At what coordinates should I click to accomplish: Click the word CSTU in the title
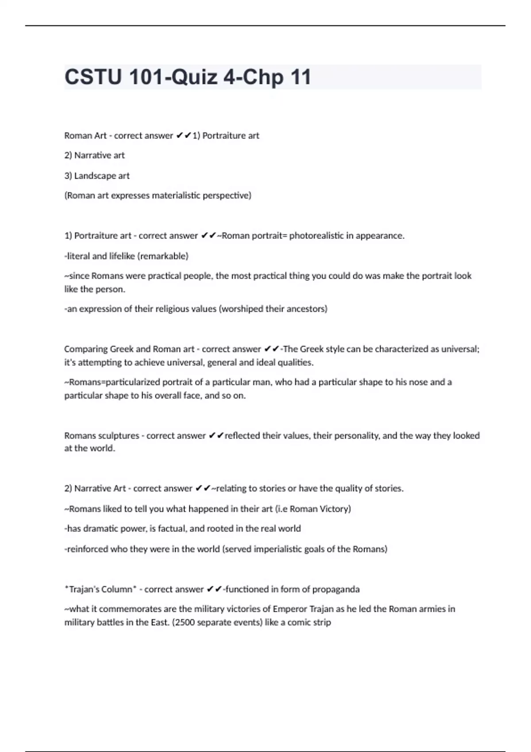(x=92, y=77)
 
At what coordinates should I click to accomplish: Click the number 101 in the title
(x=146, y=77)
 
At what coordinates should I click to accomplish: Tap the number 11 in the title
(x=300, y=77)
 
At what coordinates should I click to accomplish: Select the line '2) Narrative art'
(x=94, y=155)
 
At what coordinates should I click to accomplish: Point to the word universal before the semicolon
(x=460, y=349)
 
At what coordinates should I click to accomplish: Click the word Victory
(x=336, y=509)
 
